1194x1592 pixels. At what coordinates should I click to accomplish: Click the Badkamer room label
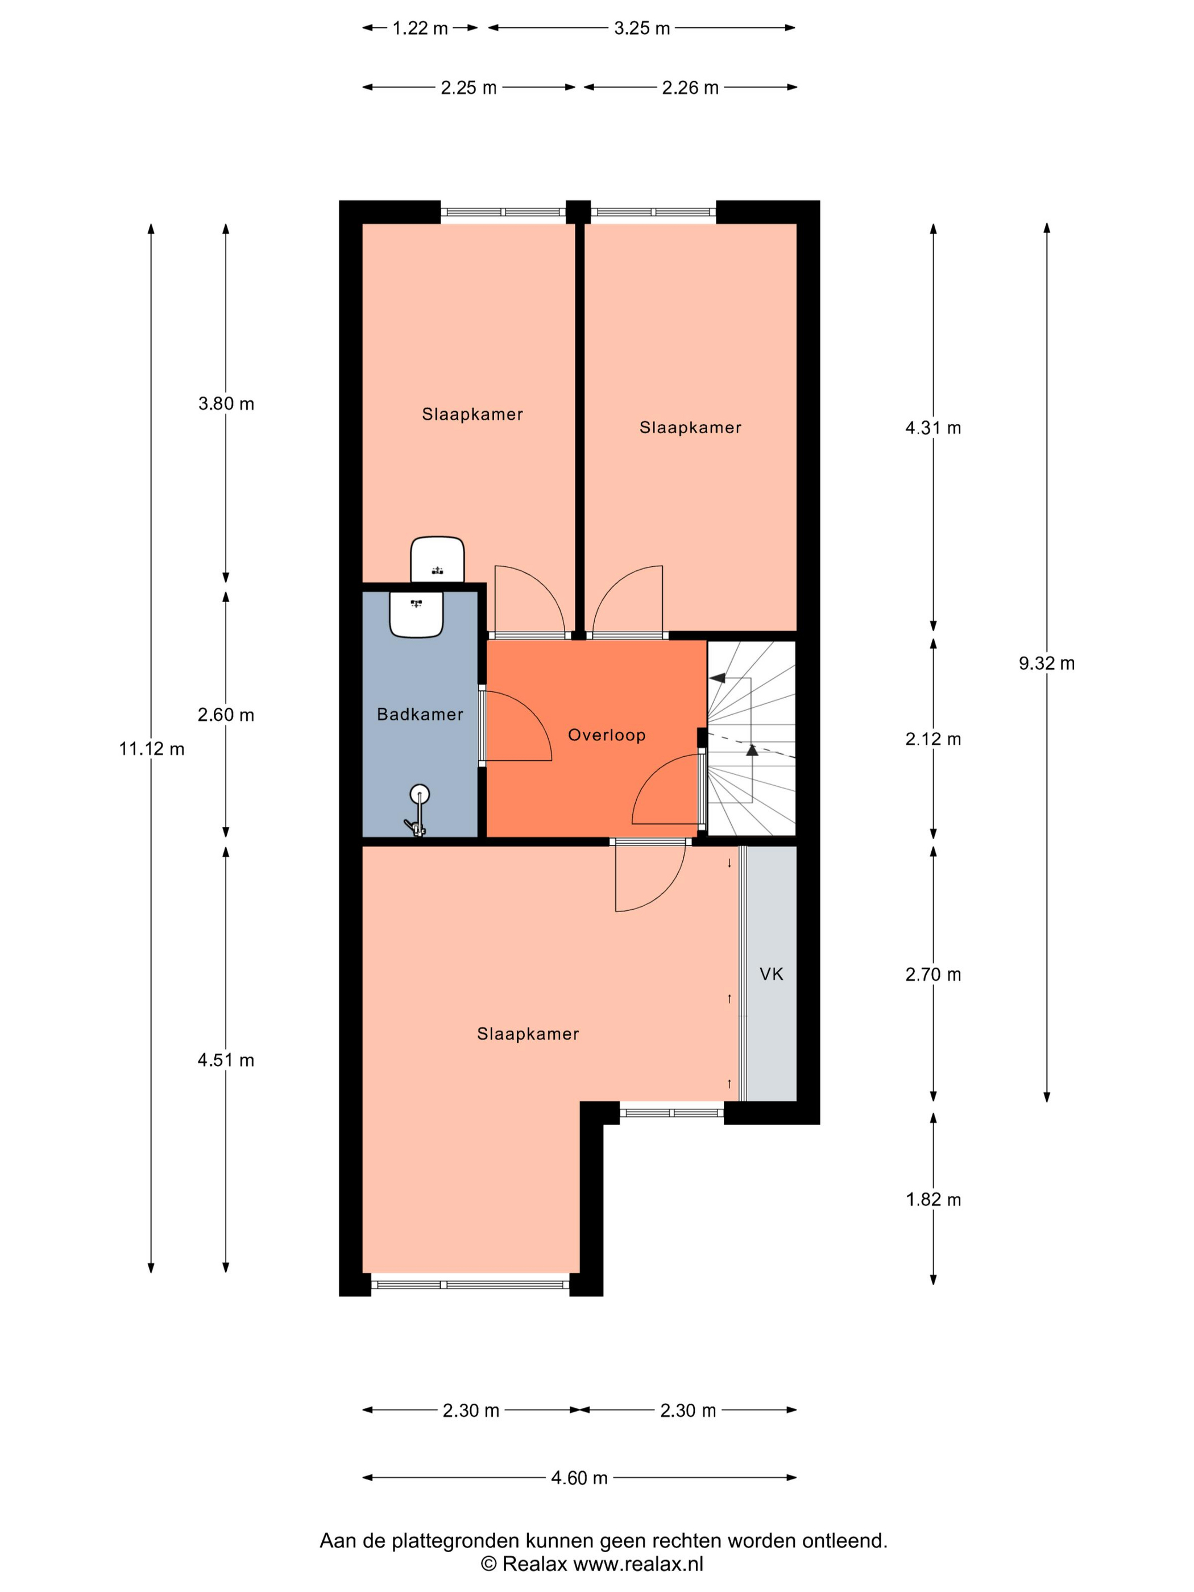point(420,714)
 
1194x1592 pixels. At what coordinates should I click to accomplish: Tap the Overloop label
point(607,735)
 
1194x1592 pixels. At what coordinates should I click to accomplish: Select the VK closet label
point(771,974)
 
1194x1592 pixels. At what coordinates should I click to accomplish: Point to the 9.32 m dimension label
point(1047,663)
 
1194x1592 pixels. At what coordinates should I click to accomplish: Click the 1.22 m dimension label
point(420,28)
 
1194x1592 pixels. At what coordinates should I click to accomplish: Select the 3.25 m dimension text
point(641,28)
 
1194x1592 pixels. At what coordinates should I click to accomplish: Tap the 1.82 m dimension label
point(933,1199)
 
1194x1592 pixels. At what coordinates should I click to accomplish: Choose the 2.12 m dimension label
point(933,739)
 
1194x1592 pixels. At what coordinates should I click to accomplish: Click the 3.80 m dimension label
point(226,403)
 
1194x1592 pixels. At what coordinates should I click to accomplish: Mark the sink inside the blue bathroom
point(416,614)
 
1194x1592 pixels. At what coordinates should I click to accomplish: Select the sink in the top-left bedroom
point(437,558)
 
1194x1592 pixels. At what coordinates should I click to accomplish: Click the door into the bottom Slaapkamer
point(649,875)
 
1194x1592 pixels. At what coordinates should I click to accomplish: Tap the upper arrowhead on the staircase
point(718,677)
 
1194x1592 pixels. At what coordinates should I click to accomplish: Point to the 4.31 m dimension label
point(933,428)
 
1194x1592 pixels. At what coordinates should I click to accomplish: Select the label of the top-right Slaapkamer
point(690,428)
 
